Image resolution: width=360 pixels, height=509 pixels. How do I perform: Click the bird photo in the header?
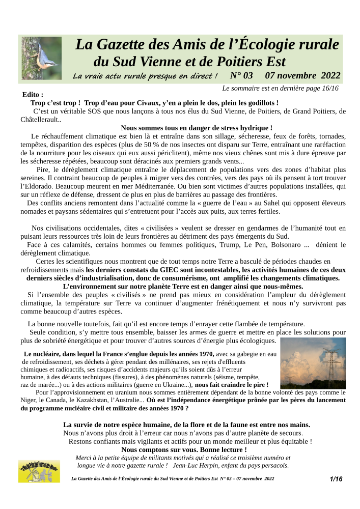pyautogui.click(x=41, y=58)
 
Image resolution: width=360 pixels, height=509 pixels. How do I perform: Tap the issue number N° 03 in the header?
pyautogui.click(x=241, y=76)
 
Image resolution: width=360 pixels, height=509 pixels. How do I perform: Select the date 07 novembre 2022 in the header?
pyautogui.click(x=302, y=76)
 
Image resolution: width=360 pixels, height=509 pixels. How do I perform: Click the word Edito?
pyautogui.click(x=32, y=95)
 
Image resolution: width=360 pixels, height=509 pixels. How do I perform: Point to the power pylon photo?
pyautogui.click(x=313, y=363)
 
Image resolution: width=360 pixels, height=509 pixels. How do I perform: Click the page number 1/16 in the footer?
pyautogui.click(x=336, y=479)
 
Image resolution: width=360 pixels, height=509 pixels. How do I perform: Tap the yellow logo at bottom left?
pyautogui.click(x=39, y=471)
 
